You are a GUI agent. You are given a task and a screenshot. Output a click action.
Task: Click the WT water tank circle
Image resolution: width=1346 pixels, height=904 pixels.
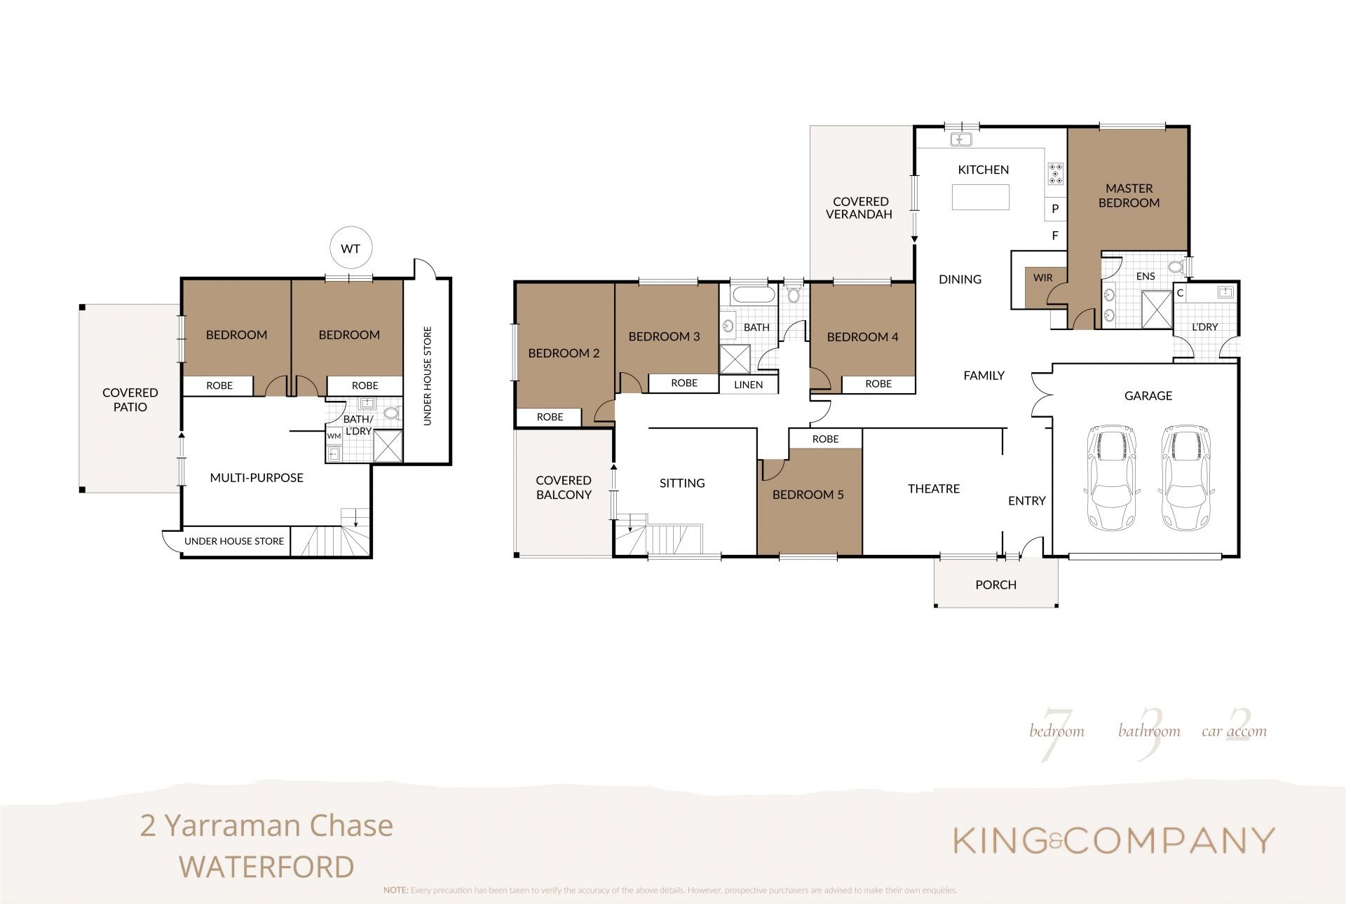[351, 249]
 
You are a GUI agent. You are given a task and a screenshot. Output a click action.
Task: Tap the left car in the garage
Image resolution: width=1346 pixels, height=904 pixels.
[1111, 478]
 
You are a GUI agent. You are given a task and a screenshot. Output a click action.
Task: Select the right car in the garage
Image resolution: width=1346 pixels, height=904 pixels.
[1186, 478]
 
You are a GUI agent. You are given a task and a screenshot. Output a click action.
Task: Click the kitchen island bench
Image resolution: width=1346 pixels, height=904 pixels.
[981, 197]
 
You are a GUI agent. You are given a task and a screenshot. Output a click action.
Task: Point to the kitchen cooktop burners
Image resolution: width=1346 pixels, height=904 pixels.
[1055, 173]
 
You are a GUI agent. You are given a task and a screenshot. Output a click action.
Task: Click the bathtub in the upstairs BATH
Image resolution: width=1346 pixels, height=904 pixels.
[752, 295]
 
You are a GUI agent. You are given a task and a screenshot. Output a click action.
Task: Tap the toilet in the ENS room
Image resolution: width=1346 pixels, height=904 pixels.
[1177, 267]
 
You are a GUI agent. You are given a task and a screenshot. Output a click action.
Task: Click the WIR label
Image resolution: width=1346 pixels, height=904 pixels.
[1042, 278]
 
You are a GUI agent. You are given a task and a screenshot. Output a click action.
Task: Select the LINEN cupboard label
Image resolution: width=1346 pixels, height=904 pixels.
[748, 385]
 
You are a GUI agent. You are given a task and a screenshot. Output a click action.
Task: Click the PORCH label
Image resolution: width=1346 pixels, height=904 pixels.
[995, 584]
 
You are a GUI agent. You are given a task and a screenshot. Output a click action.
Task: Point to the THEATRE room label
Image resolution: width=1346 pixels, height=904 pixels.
[934, 488]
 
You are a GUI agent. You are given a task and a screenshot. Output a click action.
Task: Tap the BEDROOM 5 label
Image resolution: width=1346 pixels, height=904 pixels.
[808, 495]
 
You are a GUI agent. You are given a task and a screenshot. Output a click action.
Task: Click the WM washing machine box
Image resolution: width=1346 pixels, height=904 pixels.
[334, 436]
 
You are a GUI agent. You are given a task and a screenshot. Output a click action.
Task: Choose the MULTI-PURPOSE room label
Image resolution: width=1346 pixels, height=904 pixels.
[257, 478]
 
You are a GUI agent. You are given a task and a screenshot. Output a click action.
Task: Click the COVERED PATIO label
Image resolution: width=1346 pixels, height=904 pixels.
[130, 399]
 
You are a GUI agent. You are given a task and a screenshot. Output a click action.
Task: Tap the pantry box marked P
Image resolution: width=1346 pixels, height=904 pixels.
[1055, 209]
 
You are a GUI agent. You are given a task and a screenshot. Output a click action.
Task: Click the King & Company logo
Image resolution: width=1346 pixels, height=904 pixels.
[1113, 840]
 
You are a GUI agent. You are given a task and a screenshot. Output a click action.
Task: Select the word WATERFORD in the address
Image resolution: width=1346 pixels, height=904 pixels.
[266, 867]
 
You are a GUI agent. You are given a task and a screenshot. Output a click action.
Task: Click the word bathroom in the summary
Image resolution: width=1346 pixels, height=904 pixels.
[1149, 732]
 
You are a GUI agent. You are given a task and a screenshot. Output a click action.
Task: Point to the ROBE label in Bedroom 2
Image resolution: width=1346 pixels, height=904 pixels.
[550, 417]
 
